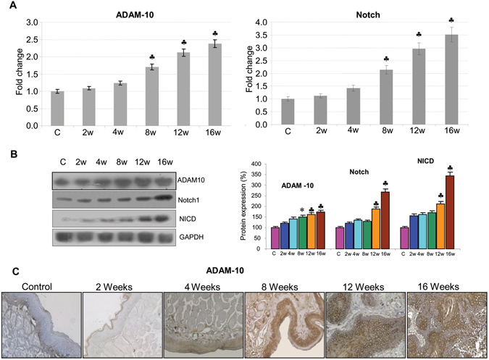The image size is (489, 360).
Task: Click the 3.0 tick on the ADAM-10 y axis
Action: tap(30, 22)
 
